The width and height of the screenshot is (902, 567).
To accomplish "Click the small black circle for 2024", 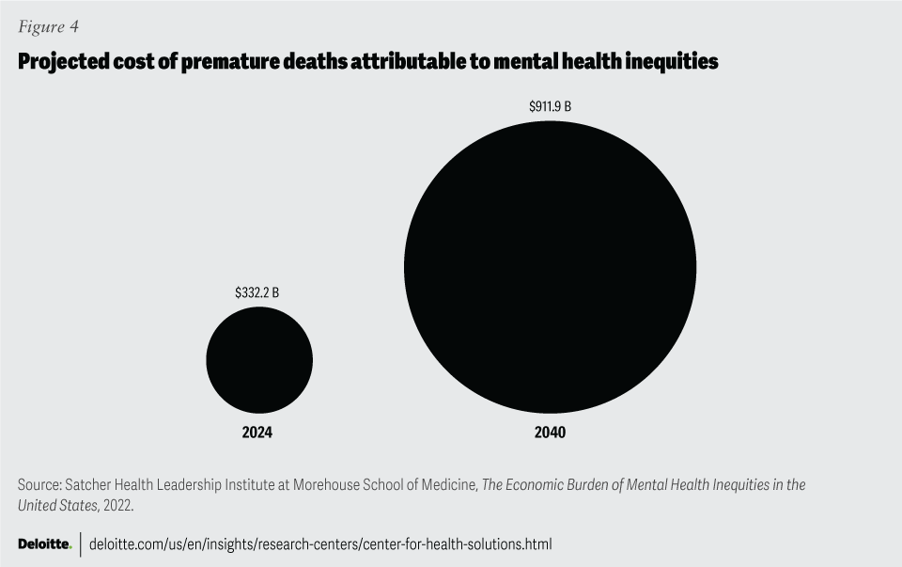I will tap(259, 359).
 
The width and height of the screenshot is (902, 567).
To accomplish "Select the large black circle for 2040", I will tap(550, 267).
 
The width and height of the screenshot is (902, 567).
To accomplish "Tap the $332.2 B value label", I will tap(257, 293).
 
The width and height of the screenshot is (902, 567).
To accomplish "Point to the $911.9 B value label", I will tap(550, 106).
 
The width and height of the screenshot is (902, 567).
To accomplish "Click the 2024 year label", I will tap(257, 433).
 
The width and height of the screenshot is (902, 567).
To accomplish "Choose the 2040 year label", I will tap(550, 433).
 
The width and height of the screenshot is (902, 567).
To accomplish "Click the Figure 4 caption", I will tap(48, 26).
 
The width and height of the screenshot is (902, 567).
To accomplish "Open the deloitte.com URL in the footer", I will tap(319, 544).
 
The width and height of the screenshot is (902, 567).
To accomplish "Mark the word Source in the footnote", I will tap(38, 485).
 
